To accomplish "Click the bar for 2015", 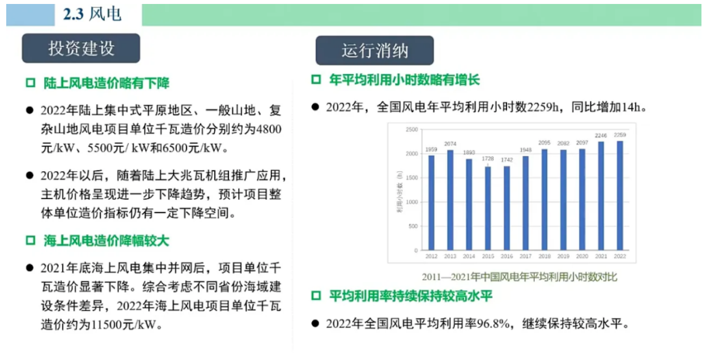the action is (488, 209).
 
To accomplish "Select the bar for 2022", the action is (620, 196).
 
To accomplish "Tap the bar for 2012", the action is (431, 203).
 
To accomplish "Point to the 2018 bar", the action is (545, 200).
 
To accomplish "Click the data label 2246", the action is (601, 135).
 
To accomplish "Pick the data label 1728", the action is (488, 159).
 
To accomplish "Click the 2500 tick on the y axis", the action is (411, 130).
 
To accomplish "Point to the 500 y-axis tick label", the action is (413, 226).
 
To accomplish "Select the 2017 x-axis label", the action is (525, 256).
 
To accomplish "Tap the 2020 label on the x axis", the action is (582, 256).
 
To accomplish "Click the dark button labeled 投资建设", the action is (81, 48).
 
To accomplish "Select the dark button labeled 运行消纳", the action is (375, 50).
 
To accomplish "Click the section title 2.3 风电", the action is (92, 14).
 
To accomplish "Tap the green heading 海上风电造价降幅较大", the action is (107, 241).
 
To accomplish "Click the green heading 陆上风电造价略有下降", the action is (107, 83).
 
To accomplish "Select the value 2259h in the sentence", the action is (543, 108).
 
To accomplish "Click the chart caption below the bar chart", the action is (520, 277).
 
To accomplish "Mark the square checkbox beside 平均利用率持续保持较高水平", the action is (316, 296).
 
